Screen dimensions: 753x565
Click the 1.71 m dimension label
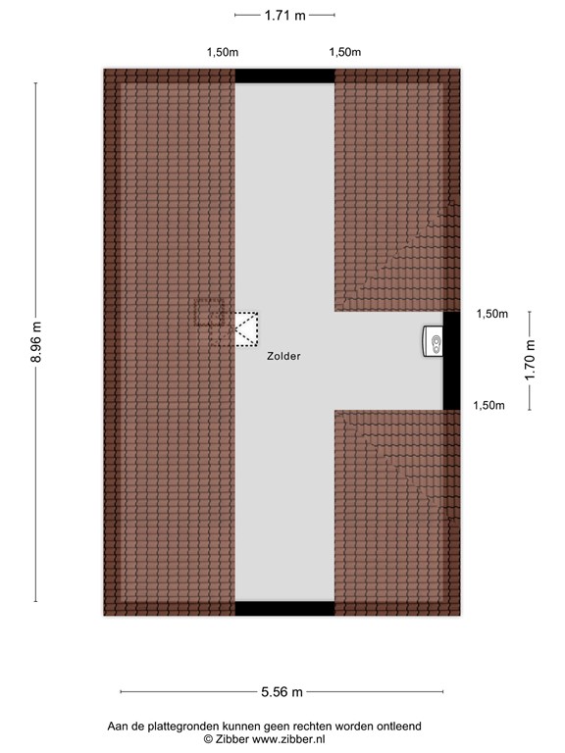tap(284, 15)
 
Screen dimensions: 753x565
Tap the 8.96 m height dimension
tap(37, 342)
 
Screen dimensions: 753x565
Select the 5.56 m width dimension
tap(282, 691)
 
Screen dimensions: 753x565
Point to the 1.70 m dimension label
tap(531, 359)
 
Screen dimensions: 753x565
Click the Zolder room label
tap(283, 358)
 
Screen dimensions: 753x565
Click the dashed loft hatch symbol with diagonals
tap(244, 328)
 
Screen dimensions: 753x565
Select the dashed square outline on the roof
tap(209, 312)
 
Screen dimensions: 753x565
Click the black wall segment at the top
tap(284, 75)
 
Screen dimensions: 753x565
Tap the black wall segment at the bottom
tap(284, 609)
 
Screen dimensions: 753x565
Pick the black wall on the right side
tap(452, 360)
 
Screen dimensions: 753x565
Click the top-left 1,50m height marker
tap(221, 53)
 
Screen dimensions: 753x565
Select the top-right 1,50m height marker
tap(344, 53)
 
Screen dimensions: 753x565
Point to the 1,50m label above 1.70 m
tap(491, 314)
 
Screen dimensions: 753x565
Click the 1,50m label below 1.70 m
tap(489, 405)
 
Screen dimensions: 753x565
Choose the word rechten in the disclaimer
tap(304, 727)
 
